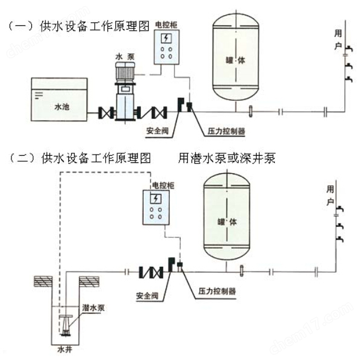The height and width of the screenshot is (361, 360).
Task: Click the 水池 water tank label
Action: [62, 107]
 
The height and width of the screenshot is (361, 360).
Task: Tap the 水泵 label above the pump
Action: [125, 57]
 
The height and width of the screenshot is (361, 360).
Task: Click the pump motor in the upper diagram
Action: [125, 71]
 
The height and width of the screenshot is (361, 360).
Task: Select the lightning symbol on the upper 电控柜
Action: [166, 39]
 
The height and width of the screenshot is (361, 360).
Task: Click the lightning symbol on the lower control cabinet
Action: [156, 199]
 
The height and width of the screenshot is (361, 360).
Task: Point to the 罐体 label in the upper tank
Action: [235, 60]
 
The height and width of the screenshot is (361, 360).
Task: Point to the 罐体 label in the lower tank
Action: [227, 222]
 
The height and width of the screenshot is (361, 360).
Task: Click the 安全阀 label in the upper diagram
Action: [157, 131]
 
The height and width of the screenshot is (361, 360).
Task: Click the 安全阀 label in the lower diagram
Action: [147, 296]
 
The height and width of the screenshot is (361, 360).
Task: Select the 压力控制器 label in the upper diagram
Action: [226, 131]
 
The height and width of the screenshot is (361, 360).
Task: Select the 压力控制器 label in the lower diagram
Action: [217, 291]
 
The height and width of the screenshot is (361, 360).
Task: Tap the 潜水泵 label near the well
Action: [94, 308]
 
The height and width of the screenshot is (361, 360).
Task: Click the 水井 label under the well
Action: [65, 350]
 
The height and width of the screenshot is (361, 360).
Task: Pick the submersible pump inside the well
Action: [66, 325]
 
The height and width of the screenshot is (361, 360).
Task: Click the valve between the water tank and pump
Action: [106, 112]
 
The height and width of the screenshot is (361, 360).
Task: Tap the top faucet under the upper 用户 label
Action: [349, 48]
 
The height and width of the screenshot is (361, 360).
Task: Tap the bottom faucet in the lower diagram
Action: [339, 239]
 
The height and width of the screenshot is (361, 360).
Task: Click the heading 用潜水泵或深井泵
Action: [227, 158]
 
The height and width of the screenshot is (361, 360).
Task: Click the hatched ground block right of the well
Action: [89, 281]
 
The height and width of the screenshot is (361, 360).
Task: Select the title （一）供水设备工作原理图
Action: [79, 26]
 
